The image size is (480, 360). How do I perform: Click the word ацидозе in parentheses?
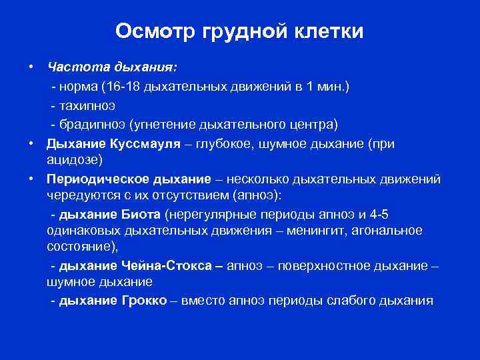[x=75, y=161]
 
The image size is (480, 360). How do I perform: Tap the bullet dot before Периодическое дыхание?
[x=31, y=179]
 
